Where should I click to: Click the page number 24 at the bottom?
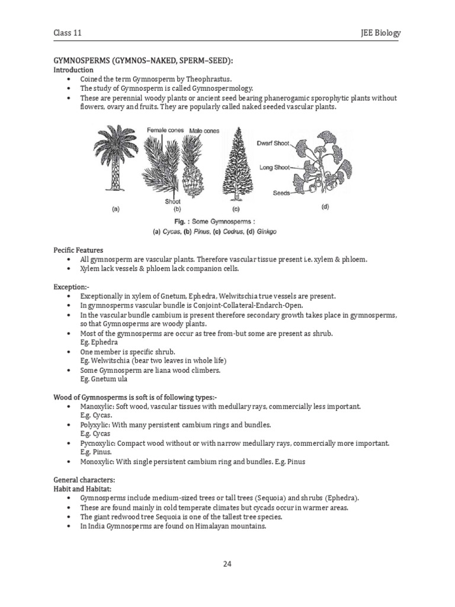tap(227, 563)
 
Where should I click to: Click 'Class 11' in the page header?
tap(68, 33)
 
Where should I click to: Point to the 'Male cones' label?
tap(205, 130)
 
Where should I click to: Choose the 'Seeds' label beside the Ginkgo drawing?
tap(281, 193)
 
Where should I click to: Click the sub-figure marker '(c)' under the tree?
tap(236, 209)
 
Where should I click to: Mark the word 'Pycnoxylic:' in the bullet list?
tap(98, 443)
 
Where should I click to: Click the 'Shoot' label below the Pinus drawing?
tap(172, 201)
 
